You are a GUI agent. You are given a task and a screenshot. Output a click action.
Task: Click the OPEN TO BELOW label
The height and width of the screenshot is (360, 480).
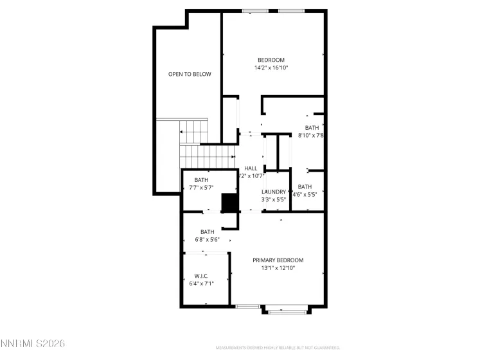click(190, 75)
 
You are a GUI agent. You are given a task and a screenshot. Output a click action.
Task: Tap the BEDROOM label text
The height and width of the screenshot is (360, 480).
click(271, 60)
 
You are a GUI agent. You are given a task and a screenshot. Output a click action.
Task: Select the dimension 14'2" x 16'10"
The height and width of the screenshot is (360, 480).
click(271, 67)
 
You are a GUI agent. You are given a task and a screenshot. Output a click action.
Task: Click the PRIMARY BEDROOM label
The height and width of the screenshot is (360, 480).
click(278, 260)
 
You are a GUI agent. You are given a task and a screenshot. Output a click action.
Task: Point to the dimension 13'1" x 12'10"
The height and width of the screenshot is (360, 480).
click(278, 268)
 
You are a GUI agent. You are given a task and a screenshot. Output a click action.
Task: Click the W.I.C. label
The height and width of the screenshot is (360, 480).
click(201, 276)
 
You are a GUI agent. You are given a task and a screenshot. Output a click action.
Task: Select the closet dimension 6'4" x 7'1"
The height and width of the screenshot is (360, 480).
click(201, 283)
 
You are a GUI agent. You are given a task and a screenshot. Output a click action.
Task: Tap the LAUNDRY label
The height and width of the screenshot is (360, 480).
click(274, 192)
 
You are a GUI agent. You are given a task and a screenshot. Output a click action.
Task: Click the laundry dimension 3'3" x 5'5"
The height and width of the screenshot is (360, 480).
click(274, 199)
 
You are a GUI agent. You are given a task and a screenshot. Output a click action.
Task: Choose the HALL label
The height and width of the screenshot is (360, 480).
click(251, 168)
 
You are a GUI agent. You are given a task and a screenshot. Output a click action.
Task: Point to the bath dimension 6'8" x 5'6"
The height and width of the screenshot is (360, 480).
click(207, 240)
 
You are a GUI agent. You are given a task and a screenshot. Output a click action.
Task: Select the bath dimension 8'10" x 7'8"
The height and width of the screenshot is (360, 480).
click(311, 135)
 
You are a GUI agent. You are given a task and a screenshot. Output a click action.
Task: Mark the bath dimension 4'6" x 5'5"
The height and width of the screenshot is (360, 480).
click(305, 194)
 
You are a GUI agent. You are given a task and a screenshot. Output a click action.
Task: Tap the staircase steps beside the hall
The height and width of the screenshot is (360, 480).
click(204, 155)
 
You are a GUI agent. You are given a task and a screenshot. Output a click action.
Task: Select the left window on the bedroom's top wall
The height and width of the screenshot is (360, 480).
click(255, 11)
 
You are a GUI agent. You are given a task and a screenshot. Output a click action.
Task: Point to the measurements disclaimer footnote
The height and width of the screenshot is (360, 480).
click(278, 347)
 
